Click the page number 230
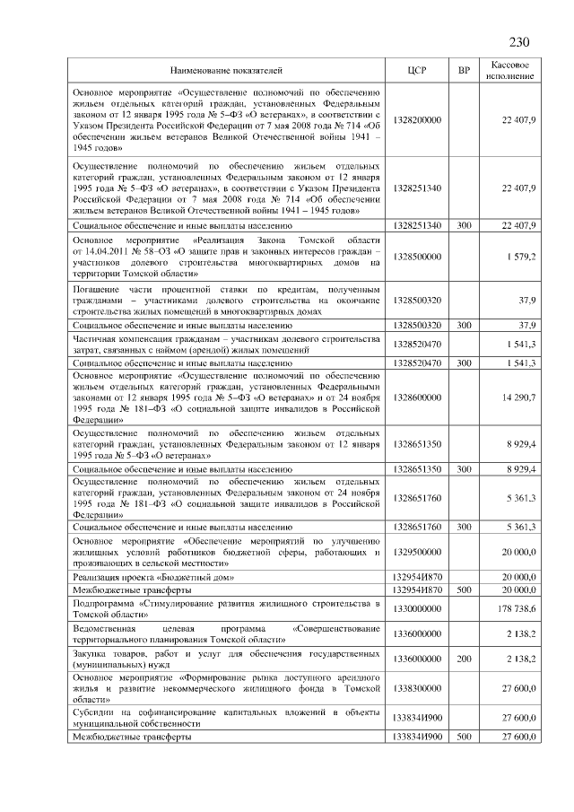tap(520, 42)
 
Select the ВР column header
tap(465, 69)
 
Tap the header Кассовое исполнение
tap(510, 69)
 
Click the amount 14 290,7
tap(518, 396)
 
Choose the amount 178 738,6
tap(517, 609)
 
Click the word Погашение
tap(99, 291)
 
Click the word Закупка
tap(93, 653)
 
